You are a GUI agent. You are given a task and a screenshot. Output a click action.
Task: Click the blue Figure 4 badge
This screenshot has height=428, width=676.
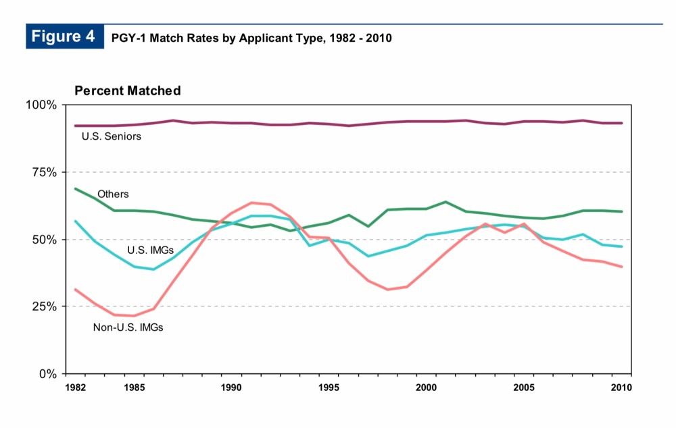click(x=64, y=36)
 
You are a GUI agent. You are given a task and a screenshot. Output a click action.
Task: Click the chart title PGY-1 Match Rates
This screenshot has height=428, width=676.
click(x=251, y=38)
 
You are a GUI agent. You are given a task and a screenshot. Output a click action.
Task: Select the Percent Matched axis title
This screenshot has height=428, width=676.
click(x=127, y=90)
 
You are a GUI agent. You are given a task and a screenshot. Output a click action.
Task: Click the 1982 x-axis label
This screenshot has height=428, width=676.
click(x=75, y=387)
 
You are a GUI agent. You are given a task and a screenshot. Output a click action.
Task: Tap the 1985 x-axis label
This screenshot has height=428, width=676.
click(x=134, y=387)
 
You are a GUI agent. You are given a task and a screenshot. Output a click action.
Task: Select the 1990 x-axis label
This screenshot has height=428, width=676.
click(x=231, y=387)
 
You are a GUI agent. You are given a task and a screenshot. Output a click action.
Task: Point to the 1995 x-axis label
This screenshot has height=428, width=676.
click(x=329, y=387)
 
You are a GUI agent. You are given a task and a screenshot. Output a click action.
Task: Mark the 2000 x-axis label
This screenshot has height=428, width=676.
click(x=427, y=387)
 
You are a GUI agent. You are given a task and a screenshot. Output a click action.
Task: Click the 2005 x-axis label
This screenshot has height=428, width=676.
click(x=524, y=387)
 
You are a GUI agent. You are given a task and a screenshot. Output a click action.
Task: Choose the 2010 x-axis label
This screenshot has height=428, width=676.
click(x=621, y=387)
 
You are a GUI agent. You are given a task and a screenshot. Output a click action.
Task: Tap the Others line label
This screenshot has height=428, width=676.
click(x=113, y=194)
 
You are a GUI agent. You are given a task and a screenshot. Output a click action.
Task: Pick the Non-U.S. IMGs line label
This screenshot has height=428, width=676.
click(x=128, y=328)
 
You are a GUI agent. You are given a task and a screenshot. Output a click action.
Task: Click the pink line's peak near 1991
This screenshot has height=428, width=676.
click(x=251, y=203)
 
